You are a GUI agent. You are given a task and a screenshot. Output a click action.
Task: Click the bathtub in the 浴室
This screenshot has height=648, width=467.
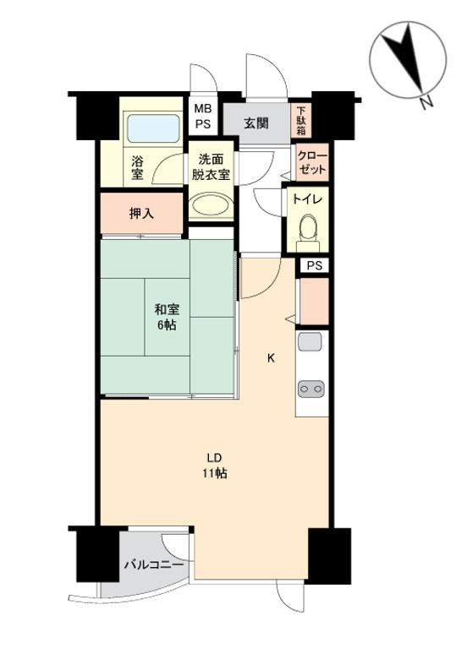point(154,128)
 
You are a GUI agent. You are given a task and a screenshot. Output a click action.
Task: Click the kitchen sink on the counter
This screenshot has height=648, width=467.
point(310,342)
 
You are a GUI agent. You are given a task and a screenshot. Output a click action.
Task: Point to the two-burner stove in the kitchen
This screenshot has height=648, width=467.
point(311,389)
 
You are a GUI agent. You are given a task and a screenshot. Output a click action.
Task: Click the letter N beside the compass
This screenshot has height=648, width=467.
point(426,102)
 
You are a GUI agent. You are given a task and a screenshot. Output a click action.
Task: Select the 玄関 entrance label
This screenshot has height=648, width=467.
point(255,123)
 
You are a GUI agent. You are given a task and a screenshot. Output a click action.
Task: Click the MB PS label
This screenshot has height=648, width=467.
point(203,116)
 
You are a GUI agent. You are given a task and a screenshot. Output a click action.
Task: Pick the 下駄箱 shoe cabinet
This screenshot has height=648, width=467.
point(301,121)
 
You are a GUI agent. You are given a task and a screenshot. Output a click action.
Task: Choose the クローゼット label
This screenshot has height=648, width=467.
point(312,162)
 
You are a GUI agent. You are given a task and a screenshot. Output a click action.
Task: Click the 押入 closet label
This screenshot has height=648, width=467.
point(141,214)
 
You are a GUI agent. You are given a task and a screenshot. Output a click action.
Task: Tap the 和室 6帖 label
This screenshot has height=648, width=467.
point(167,317)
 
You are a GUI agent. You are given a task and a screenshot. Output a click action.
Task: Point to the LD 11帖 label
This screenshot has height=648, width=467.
point(215,466)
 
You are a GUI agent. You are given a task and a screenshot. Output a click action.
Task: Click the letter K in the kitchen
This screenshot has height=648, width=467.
point(271,358)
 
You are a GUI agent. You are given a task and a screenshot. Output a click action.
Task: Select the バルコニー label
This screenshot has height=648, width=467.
point(154,564)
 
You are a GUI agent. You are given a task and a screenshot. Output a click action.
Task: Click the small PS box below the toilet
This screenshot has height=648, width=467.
point(314,265)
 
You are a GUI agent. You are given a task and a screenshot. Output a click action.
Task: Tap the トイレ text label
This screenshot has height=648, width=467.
point(307,199)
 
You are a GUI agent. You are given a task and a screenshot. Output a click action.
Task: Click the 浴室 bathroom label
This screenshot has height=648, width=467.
point(137,167)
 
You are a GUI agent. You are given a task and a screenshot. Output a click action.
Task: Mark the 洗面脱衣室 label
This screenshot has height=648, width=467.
point(211,167)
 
